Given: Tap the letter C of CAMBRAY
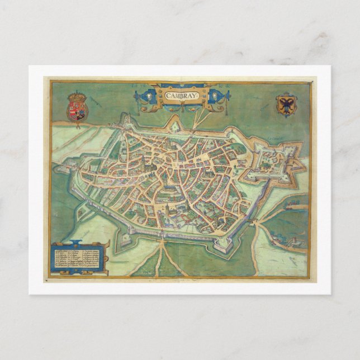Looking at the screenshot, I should [168, 96].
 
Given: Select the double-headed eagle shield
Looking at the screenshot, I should [286, 105].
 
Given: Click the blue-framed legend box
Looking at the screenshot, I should [79, 258].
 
